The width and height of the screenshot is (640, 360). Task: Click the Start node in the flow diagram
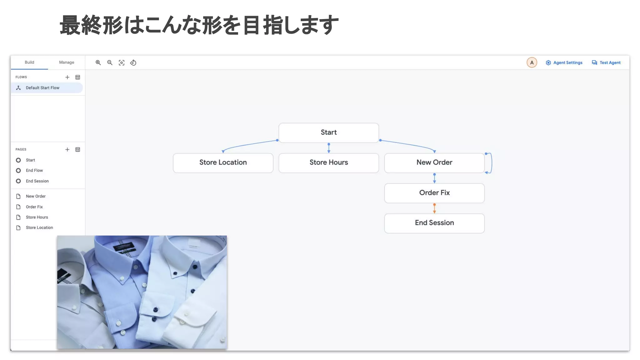[x=328, y=132]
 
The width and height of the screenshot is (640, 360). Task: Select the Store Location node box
[x=223, y=162]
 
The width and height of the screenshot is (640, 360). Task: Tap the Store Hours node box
[x=328, y=162]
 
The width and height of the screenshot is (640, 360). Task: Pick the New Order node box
[x=434, y=162]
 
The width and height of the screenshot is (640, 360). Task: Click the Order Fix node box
[x=434, y=193]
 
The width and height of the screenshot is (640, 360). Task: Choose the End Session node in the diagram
[x=434, y=223]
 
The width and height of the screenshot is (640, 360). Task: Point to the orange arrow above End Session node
[x=434, y=208]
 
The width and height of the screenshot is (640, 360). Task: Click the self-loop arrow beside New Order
[x=491, y=163]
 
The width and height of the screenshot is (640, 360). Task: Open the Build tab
[x=29, y=62]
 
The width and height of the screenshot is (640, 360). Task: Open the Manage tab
[x=67, y=62]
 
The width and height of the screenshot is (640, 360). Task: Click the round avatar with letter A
[x=532, y=62]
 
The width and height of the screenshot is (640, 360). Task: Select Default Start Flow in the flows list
[x=42, y=88]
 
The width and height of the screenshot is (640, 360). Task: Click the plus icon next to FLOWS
[x=67, y=77]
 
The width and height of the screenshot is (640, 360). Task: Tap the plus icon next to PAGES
[x=67, y=150]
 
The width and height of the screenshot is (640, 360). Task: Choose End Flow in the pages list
[x=34, y=171]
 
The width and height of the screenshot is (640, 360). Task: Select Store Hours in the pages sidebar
[x=37, y=217]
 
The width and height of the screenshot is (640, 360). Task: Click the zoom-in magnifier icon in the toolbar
[x=98, y=63]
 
